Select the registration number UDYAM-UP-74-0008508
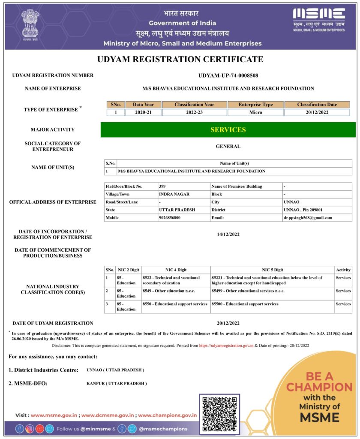pos(228,75)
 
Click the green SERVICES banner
pos(228,129)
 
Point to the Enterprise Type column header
pos(255,105)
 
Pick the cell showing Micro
pos(255,112)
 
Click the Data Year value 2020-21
pos(143,112)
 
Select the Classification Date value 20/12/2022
pos(317,112)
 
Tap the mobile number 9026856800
pos(170,218)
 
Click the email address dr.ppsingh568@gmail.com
pos(308,218)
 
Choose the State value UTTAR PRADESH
pos(177,210)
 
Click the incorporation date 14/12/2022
pos(228,235)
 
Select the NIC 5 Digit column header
pos(273,270)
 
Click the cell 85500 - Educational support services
pos(245,304)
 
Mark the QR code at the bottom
pos(219,414)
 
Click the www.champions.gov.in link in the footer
pos(168,415)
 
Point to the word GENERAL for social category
pos(228,146)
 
